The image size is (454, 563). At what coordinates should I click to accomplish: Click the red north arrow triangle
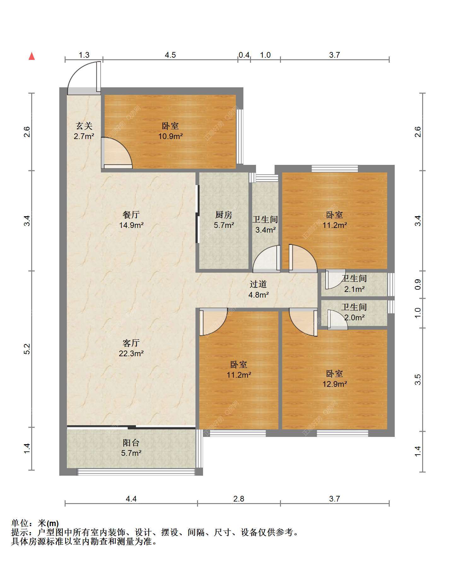(32, 56)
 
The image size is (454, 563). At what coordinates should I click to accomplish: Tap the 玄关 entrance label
(84, 126)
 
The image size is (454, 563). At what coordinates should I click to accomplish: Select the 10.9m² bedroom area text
(171, 136)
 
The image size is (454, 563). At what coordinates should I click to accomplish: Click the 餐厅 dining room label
(131, 215)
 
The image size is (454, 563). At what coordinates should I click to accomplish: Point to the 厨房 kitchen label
(224, 215)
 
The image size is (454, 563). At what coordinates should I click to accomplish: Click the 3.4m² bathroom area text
(265, 230)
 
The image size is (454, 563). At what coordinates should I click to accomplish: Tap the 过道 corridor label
(258, 284)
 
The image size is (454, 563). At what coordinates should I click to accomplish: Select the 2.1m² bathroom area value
(354, 289)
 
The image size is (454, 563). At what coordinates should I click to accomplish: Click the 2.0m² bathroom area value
(354, 317)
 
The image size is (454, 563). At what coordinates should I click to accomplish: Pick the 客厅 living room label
(131, 343)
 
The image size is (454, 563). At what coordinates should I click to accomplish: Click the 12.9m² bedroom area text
(335, 384)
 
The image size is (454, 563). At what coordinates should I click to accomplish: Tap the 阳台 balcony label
(131, 443)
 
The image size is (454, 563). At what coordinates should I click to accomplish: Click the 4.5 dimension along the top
(170, 55)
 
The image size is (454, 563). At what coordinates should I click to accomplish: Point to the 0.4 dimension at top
(244, 55)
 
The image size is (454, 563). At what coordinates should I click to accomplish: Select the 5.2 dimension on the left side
(27, 349)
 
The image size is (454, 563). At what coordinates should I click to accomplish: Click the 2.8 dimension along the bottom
(239, 499)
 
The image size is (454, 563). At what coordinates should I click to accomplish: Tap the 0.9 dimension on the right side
(418, 285)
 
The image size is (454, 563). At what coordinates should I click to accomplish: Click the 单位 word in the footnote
(20, 523)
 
